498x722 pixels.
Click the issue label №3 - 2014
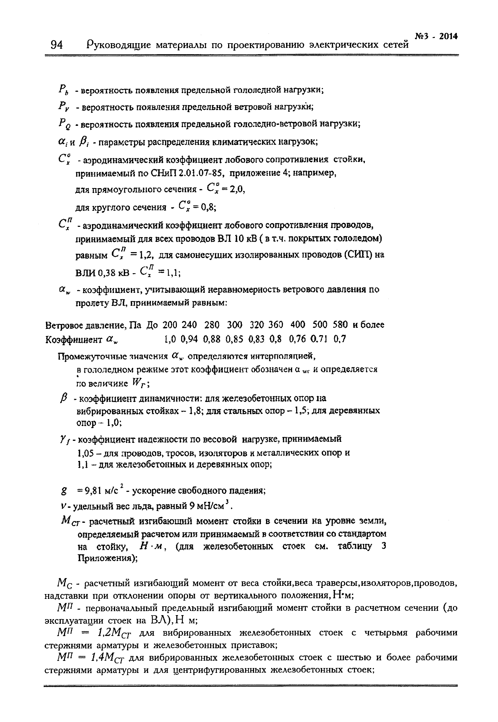pos(436,36)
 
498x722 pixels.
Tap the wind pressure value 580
pos(340,325)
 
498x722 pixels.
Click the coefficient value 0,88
pos(211,339)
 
